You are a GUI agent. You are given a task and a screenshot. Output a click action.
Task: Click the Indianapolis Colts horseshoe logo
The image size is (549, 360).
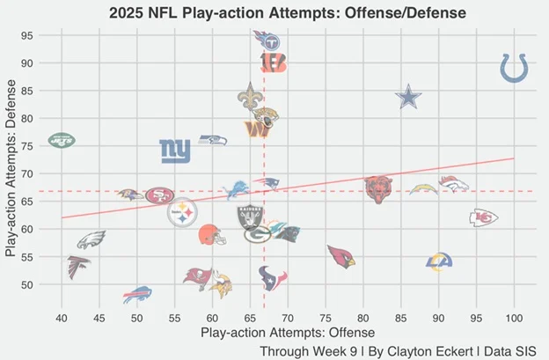tap(515, 69)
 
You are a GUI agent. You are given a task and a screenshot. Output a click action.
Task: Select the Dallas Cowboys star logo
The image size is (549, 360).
tap(407, 97)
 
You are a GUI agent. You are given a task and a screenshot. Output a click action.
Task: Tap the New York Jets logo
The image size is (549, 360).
tap(62, 139)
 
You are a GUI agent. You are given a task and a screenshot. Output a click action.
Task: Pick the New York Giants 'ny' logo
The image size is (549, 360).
tap(174, 151)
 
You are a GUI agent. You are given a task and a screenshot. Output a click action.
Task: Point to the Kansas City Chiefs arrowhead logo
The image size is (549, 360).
tap(484, 217)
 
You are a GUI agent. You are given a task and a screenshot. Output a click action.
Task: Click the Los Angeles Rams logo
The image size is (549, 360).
tap(439, 261)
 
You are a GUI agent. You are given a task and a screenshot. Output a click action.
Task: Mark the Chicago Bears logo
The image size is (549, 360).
tap(379, 188)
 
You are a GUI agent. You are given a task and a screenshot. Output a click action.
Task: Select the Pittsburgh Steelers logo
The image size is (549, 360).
tap(183, 212)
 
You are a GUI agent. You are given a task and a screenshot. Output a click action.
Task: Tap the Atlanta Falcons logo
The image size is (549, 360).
tap(78, 266)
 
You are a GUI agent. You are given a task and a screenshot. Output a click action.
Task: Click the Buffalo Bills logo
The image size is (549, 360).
tap(137, 294)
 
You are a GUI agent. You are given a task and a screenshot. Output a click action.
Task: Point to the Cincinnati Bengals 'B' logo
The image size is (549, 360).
tap(273, 62)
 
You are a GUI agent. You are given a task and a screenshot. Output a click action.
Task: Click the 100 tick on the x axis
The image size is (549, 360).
tap(514, 316)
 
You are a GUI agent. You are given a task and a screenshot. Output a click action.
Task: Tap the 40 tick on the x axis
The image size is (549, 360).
tap(62, 316)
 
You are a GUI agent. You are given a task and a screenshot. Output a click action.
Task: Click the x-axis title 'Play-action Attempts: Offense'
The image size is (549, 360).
tap(288, 333)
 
